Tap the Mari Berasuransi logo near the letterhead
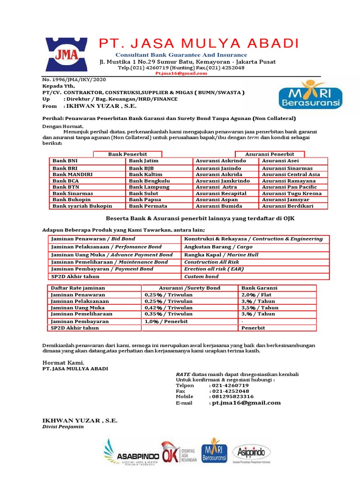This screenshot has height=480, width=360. (310, 96)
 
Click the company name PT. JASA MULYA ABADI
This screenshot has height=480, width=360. (199, 44)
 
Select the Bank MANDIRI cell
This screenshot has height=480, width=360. (73, 174)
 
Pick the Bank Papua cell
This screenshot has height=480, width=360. (145, 200)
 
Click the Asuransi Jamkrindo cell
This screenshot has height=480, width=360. (221, 180)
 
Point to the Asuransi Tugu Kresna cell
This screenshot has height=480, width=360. (292, 193)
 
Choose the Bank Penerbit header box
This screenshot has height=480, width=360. (127, 154)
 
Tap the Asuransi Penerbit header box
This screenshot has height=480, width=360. (270, 154)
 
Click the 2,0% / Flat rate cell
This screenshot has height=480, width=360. (253, 294)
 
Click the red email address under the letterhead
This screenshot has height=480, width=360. (175, 74)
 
